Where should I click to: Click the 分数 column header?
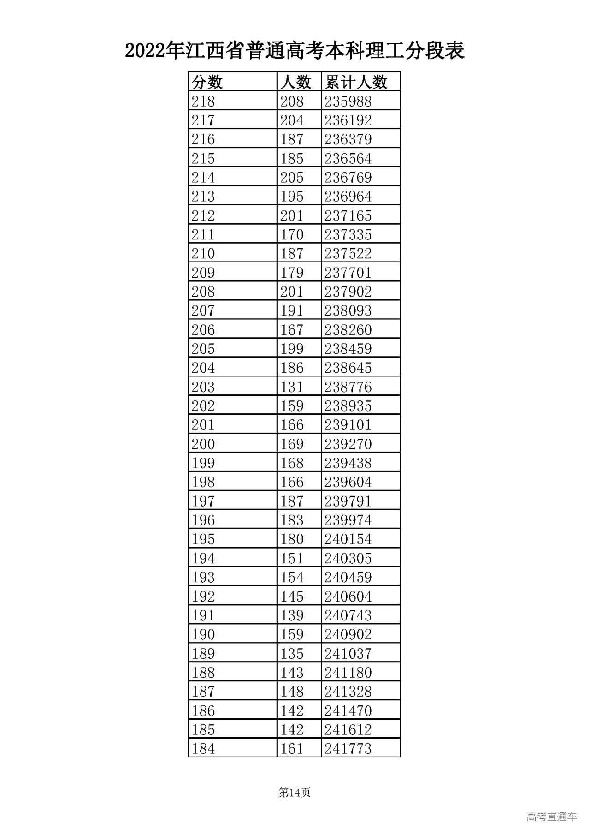207,82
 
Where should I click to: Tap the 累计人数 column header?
356,82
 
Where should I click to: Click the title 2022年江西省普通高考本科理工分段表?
295,51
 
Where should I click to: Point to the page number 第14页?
295,793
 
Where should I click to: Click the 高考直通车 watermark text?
551,817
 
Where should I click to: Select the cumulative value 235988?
348,101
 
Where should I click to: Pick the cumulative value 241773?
348,748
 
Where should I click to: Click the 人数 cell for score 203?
292,387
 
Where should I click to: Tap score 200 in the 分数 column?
203,444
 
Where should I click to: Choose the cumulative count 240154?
348,539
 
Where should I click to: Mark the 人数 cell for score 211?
292,234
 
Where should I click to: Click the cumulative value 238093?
348,310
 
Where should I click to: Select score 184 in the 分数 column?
203,748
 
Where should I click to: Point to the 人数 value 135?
292,653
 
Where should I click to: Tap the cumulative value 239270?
348,444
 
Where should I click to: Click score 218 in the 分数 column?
203,101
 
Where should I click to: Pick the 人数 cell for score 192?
292,596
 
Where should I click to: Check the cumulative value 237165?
348,215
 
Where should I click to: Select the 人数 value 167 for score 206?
292,329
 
